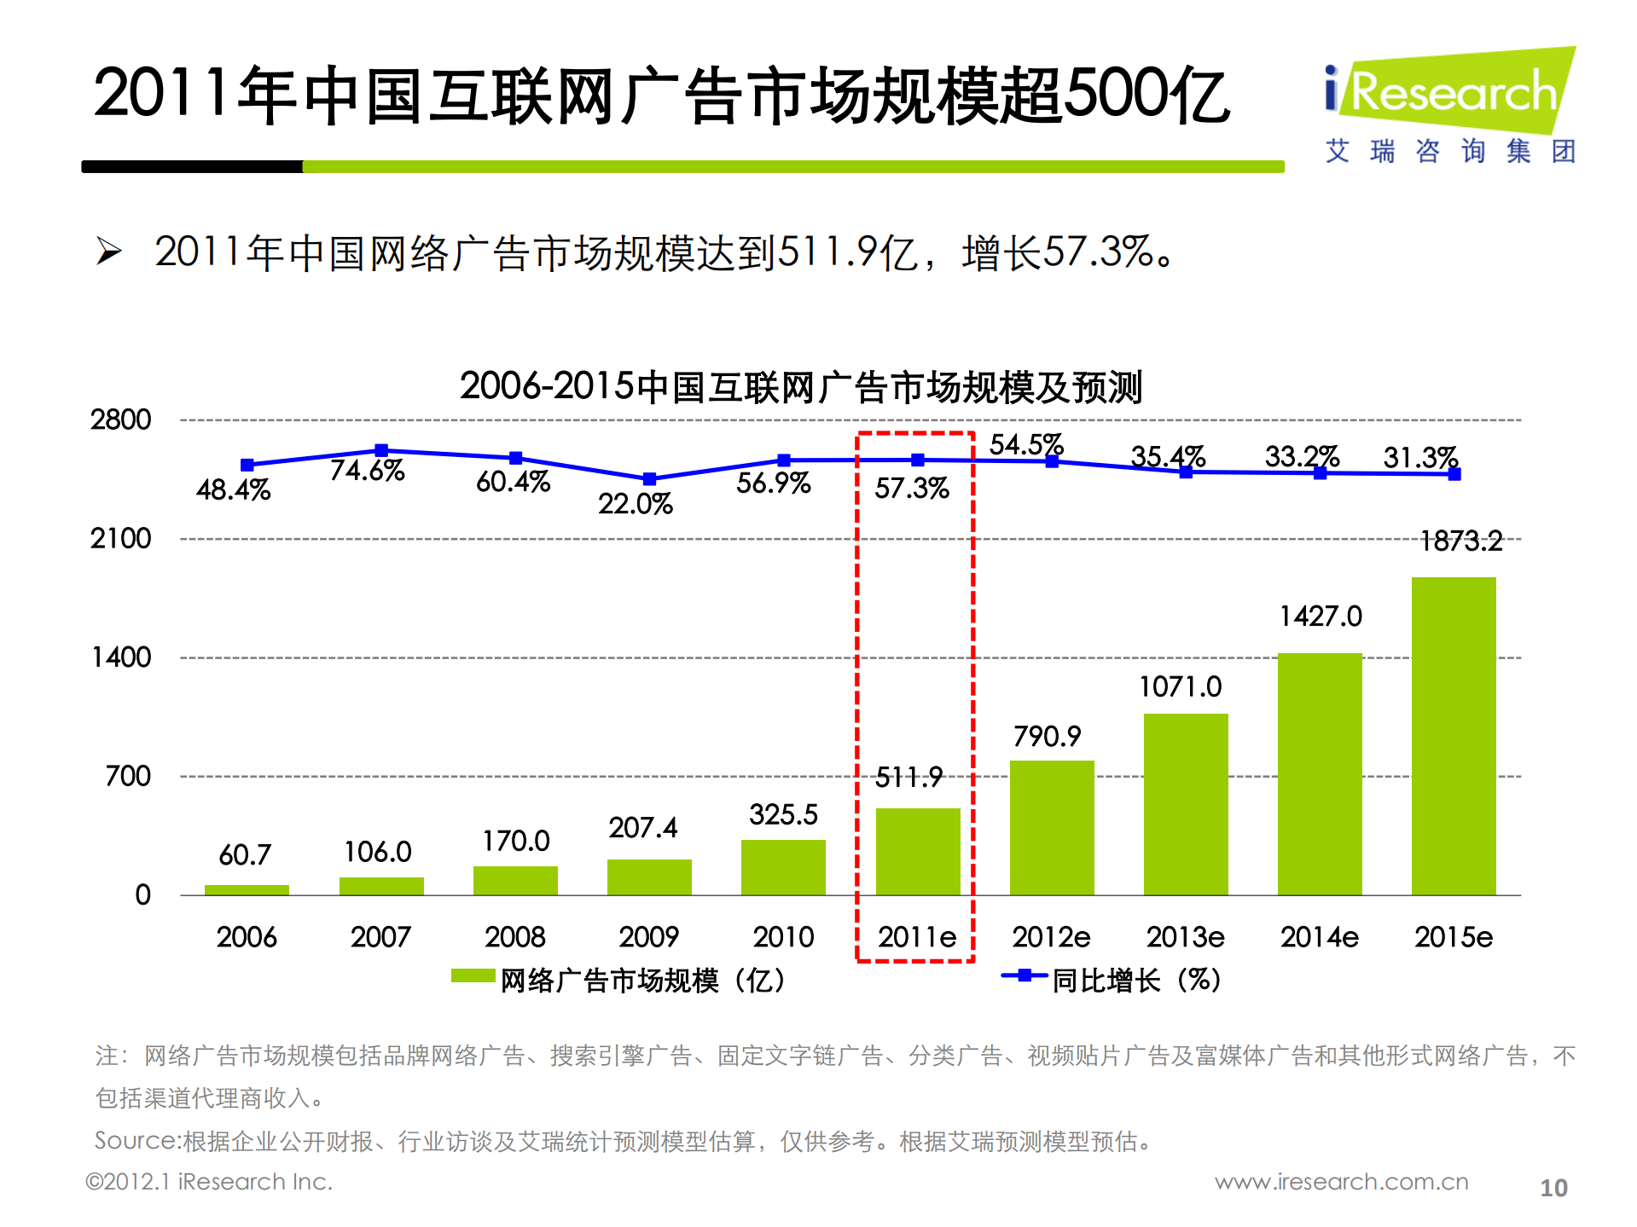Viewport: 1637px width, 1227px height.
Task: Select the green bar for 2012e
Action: point(1051,827)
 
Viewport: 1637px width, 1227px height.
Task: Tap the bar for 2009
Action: point(648,877)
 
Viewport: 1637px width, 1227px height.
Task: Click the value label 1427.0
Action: point(1320,616)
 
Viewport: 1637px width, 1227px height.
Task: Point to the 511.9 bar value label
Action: point(908,777)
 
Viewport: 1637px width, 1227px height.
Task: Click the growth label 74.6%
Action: point(367,470)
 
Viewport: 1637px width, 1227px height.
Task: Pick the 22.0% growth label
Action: point(635,504)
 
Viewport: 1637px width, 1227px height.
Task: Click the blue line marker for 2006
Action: point(247,465)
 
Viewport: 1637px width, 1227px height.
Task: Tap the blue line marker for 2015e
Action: point(1454,474)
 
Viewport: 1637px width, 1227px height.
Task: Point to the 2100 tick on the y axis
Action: point(120,539)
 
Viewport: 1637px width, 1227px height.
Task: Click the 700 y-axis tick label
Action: point(128,776)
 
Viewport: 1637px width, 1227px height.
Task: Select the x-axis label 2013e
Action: point(1185,937)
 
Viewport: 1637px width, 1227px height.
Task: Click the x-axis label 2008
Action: point(514,937)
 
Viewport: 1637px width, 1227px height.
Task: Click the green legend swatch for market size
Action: point(473,975)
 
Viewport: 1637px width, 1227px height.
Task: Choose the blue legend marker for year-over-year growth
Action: point(1024,975)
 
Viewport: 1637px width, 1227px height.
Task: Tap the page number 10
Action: point(1553,1188)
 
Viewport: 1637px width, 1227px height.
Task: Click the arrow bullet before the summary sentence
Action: point(108,252)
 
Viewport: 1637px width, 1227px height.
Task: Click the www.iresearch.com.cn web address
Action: point(1341,1182)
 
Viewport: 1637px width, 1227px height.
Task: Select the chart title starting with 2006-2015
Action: point(800,387)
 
